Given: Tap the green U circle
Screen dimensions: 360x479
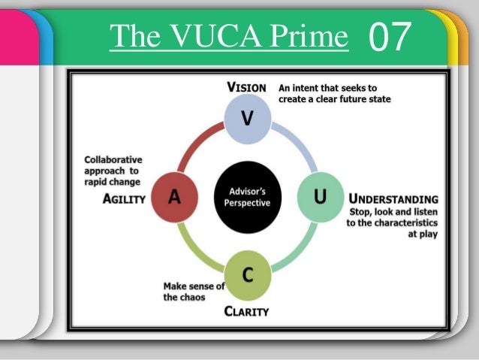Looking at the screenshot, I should point(320,196).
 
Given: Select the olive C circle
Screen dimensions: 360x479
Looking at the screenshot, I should point(247,275).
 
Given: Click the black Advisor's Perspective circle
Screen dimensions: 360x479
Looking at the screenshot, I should point(247,196).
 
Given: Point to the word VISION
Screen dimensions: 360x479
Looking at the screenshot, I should point(246,87).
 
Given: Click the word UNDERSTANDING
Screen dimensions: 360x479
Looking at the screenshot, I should point(393,199).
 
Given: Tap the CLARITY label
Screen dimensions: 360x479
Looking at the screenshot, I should point(247,310).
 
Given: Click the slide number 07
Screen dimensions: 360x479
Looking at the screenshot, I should point(390,35).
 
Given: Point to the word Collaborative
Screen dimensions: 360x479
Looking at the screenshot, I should point(113,159).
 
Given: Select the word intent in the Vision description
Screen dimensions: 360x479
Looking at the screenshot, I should point(310,87).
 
